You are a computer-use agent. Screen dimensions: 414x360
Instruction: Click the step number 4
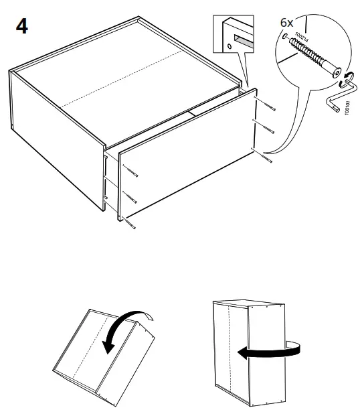click(21, 28)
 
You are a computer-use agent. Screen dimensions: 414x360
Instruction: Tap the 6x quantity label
click(287, 23)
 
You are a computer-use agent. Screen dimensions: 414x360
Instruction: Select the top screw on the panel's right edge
click(268, 107)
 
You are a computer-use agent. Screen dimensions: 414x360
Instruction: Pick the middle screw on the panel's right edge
click(266, 129)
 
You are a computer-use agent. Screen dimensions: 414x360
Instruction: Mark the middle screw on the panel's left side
click(130, 198)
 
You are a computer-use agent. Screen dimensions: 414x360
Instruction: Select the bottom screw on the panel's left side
click(130, 224)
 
